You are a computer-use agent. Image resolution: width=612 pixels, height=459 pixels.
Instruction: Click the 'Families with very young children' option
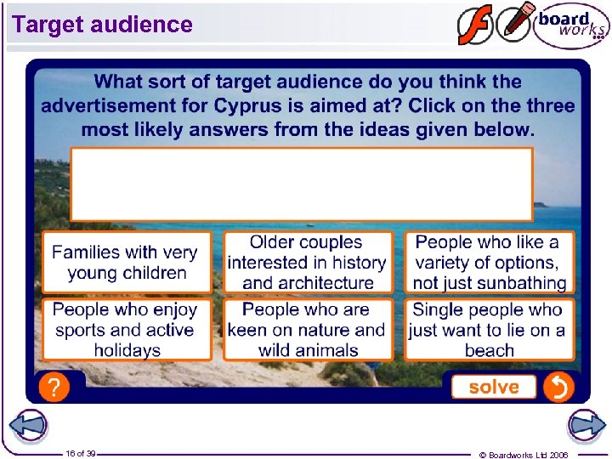coord(126,263)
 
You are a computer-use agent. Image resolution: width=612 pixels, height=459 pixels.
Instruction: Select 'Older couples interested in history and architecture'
coord(307,263)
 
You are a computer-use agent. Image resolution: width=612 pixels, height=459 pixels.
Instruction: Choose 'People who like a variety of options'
coord(489,263)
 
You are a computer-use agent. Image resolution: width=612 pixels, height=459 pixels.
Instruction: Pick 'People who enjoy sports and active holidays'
coord(126,330)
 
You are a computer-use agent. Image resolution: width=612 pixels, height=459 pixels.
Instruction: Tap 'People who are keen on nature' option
coord(307,330)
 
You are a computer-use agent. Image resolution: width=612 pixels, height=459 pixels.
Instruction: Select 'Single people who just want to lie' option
coord(489,330)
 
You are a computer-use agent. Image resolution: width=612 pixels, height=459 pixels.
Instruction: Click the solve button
coord(493,387)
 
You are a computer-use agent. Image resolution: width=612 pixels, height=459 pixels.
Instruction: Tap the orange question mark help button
coord(54,388)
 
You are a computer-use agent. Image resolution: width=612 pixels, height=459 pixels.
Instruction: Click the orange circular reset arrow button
coord(558,388)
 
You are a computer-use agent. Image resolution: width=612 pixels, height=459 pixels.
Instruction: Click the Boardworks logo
coord(571,25)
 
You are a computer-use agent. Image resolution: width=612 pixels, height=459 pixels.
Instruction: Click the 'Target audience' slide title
coord(103,25)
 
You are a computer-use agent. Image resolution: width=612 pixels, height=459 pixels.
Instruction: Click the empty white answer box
coord(301,184)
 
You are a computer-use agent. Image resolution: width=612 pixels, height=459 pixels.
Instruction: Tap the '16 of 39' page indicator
coord(81,453)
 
